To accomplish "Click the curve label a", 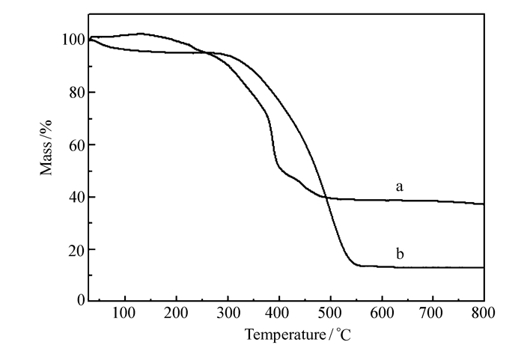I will [400, 186].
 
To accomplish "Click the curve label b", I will [400, 255].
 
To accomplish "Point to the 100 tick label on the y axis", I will [69, 40].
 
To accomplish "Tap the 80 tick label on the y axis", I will [73, 92].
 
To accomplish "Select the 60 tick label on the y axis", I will [73, 144].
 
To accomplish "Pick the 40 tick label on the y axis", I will [73, 197].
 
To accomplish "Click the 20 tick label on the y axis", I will [73, 249].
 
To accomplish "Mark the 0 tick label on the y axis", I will [77, 301].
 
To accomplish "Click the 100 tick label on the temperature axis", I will [124, 314].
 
